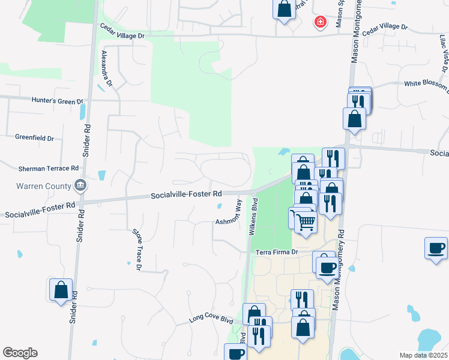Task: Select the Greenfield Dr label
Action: coord(34,138)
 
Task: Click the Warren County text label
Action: coord(35,186)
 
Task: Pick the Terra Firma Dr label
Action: coord(277,253)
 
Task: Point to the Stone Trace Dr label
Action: coord(136,248)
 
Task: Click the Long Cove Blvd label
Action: coord(210,319)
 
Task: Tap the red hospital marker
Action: coord(321,22)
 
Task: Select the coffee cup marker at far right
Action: coord(436,247)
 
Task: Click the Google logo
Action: coord(20,353)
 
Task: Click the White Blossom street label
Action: coord(426,84)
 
